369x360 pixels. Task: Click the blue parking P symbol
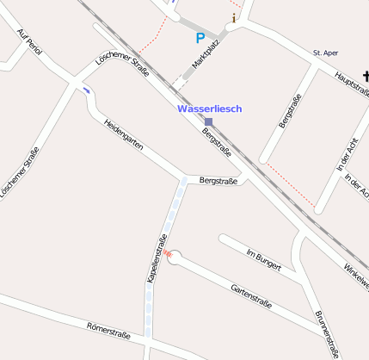(200, 38)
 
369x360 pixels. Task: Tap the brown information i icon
(233, 17)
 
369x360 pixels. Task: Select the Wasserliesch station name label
(209, 109)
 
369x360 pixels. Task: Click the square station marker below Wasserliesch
(208, 122)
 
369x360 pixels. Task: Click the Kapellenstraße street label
(156, 258)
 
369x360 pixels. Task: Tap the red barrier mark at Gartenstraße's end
(169, 254)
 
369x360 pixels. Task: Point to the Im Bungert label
(263, 260)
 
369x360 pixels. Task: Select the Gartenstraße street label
(251, 296)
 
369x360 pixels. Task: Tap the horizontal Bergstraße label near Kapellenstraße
(218, 181)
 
